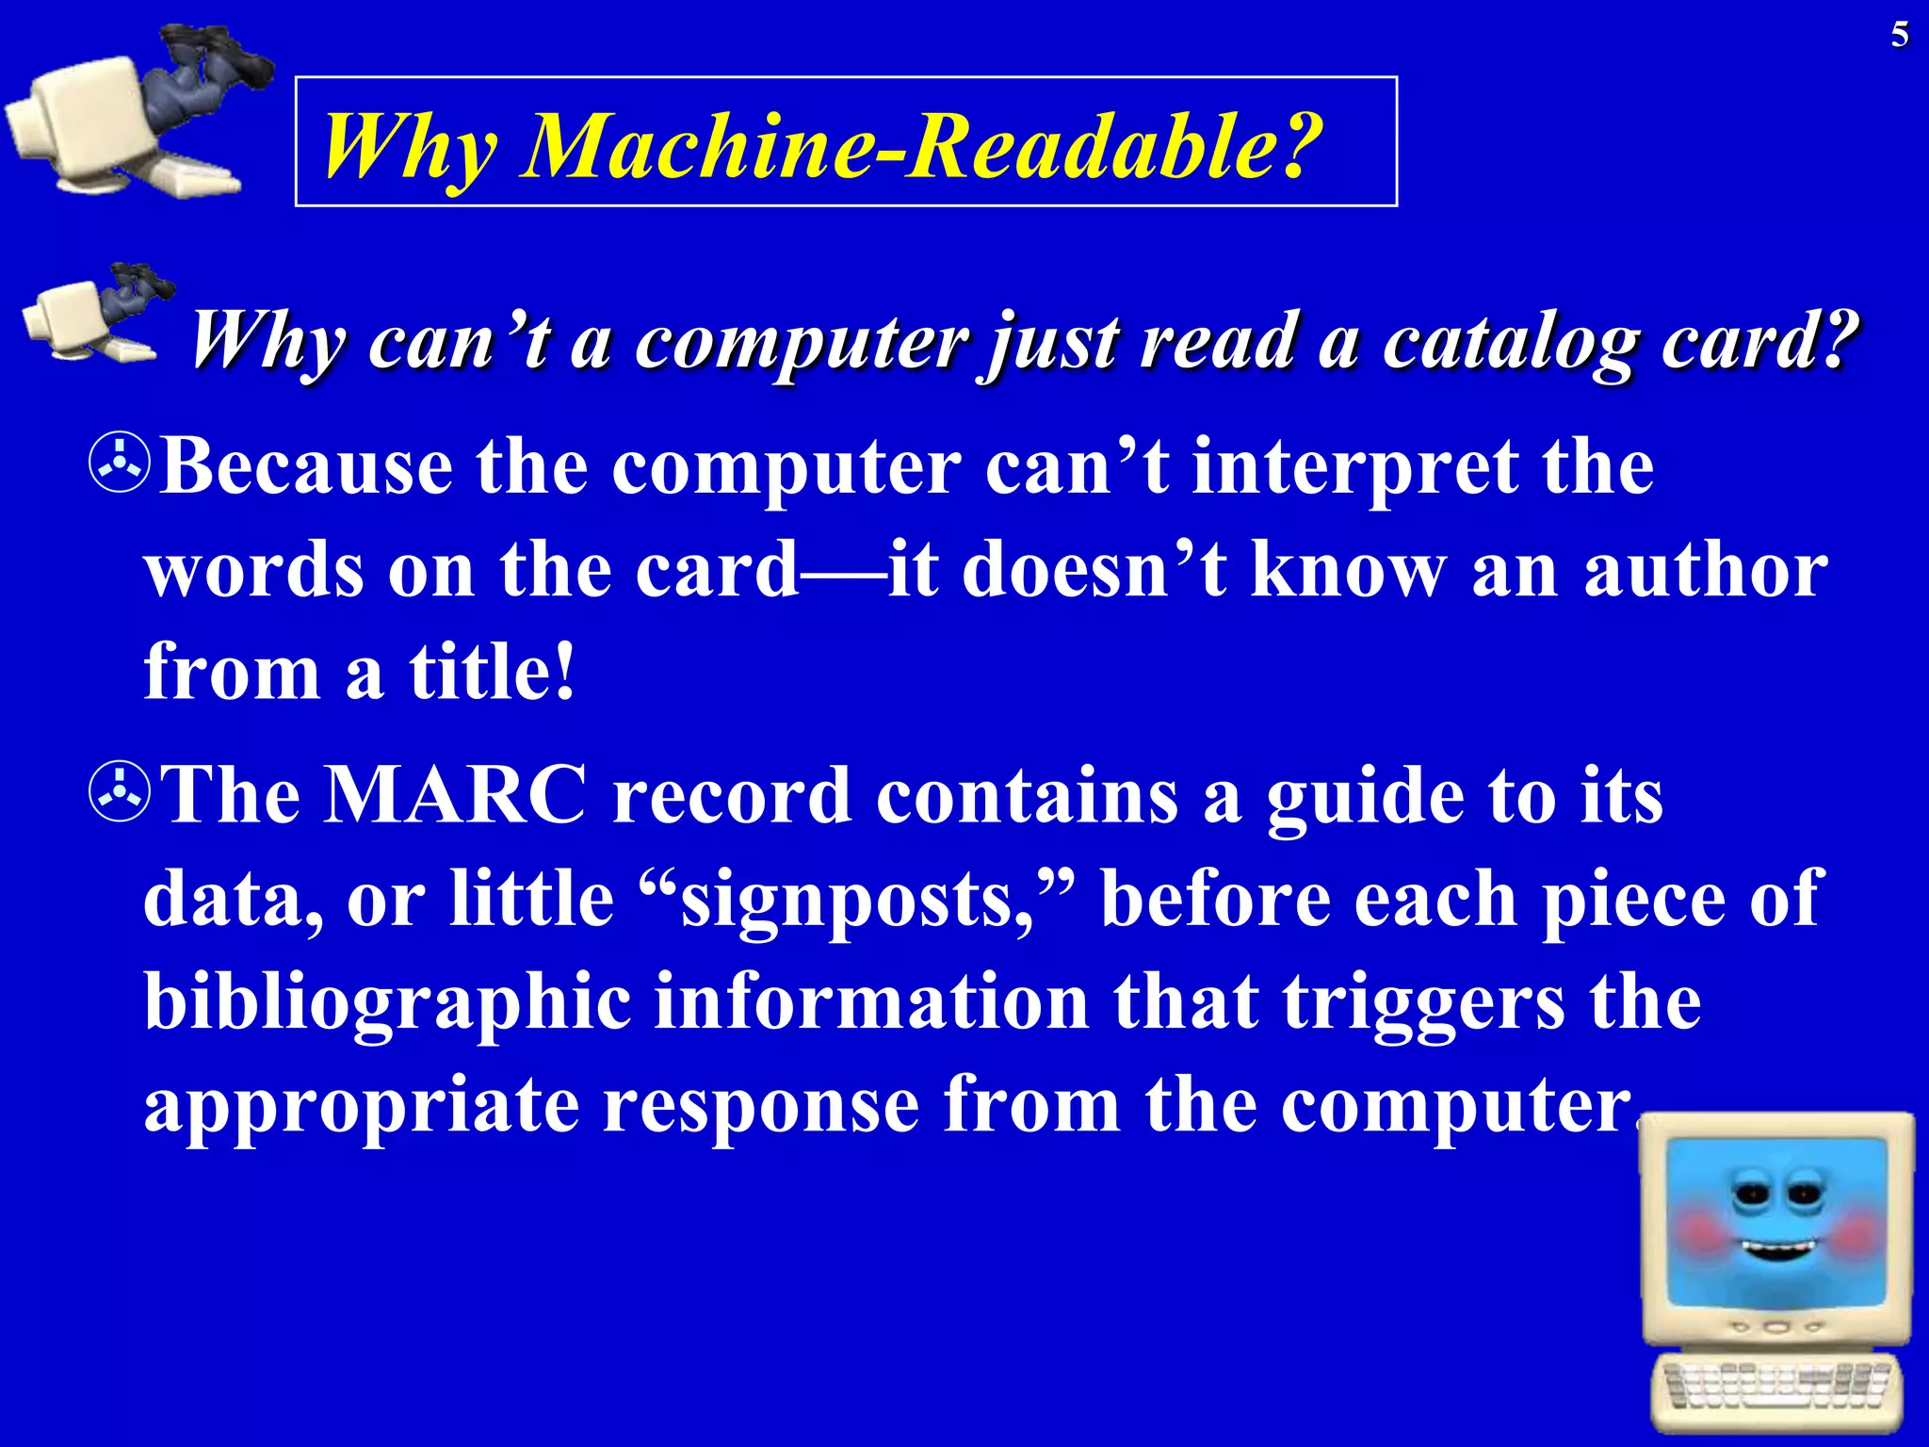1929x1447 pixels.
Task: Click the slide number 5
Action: pyautogui.click(x=1900, y=36)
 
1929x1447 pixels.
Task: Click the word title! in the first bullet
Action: pyautogui.click(x=491, y=672)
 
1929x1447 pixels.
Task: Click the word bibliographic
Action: pyautogui.click(x=387, y=1001)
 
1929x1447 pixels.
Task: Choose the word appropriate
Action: pyautogui.click(x=361, y=1105)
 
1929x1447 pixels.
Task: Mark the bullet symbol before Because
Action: pyautogui.click(x=120, y=468)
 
